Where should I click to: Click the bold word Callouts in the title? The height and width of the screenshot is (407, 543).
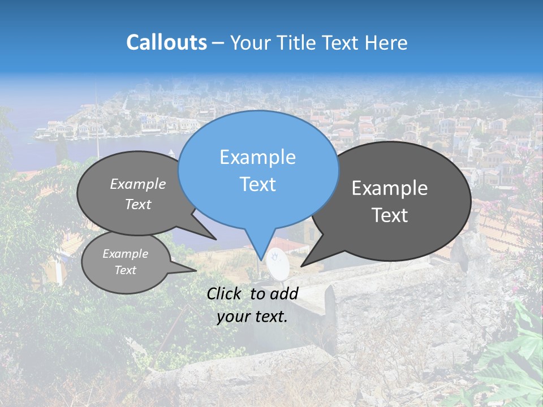pos(166,43)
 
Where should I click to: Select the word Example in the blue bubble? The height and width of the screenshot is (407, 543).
pos(257,157)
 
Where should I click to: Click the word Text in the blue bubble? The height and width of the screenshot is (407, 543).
pos(257,184)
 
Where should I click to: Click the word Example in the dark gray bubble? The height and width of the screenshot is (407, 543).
pos(389,188)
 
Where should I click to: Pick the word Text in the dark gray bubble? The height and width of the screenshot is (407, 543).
pos(389,215)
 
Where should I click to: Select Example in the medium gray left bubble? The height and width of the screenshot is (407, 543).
pos(138,184)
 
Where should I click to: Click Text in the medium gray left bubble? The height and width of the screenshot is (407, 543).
pos(138,205)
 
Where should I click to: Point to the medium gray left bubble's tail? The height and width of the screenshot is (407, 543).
pos(215,239)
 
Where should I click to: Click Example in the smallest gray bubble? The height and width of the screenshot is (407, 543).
pos(126,254)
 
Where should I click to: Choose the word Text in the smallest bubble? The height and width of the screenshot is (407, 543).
pos(126,270)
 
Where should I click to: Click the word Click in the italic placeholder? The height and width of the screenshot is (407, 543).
pos(224,293)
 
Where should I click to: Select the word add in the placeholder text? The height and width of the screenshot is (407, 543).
pos(283,293)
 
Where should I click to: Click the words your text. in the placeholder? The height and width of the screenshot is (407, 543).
pos(252,317)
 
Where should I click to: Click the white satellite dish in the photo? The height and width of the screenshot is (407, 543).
pos(277,263)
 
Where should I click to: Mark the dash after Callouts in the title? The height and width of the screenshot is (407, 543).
pos(218,43)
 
